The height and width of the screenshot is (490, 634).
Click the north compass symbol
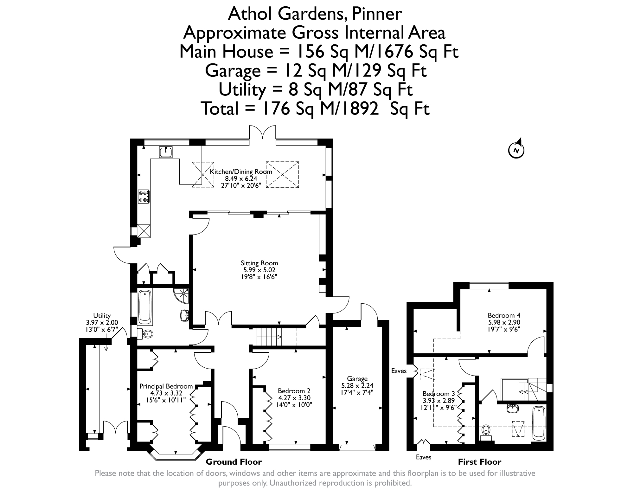[x=516, y=149]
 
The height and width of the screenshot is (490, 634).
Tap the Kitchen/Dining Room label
[x=241, y=172]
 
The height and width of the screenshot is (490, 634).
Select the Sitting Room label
[x=259, y=263]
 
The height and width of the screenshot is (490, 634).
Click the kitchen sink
[x=166, y=152]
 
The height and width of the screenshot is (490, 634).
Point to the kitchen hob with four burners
[x=144, y=196]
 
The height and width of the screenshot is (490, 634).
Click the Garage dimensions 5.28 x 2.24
[x=357, y=385]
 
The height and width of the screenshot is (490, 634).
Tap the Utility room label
[x=102, y=315]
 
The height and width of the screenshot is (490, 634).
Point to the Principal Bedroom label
[x=166, y=386]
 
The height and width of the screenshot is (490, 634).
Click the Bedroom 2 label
[x=294, y=391]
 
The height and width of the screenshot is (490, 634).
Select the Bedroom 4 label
[x=504, y=315]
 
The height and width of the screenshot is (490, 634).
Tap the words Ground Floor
[x=234, y=462]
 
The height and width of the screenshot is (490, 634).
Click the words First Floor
[x=480, y=462]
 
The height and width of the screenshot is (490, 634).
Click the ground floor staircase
[x=269, y=337]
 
